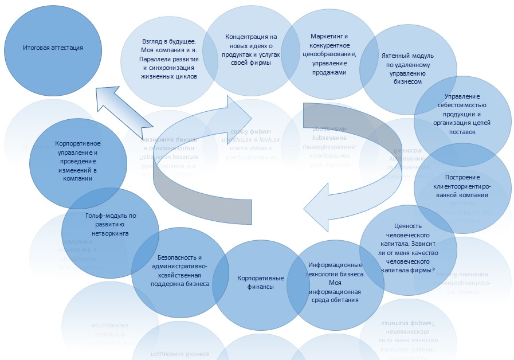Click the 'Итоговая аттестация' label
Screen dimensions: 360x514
point(53,48)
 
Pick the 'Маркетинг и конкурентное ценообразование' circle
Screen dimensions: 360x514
point(324,54)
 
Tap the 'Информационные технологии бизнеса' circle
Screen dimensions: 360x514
point(335,281)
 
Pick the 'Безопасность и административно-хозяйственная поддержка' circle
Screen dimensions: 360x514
point(180,270)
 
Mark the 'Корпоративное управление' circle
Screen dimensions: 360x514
point(79,161)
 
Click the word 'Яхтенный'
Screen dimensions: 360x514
point(395,56)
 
